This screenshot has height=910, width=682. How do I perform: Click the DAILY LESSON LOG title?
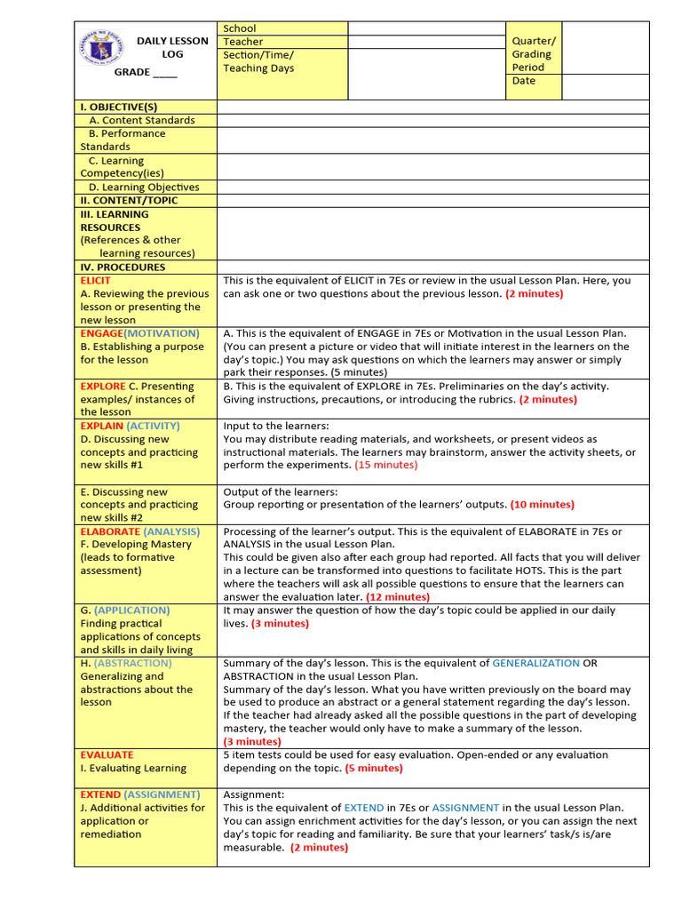coord(172,47)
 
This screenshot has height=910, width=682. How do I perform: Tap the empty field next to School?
coord(426,28)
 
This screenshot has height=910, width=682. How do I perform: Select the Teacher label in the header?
coord(242,42)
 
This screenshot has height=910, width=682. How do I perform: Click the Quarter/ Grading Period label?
coord(533,54)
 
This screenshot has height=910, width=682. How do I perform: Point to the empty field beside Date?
coord(606,86)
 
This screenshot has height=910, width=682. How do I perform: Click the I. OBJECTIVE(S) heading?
coord(118,107)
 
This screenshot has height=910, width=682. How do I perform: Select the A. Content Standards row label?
coord(141,120)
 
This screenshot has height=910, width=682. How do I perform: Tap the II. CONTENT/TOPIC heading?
coord(129,200)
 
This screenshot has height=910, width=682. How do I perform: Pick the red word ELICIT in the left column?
coord(96,280)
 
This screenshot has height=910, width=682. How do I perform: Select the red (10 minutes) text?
coord(542,504)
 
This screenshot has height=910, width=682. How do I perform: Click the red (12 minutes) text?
coord(397,597)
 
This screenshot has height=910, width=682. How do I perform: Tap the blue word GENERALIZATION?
coord(535,663)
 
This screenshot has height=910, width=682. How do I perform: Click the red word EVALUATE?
coord(107,754)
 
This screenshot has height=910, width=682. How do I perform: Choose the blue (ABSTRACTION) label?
coord(132,663)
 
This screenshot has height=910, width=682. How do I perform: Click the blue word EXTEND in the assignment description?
coord(364,808)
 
